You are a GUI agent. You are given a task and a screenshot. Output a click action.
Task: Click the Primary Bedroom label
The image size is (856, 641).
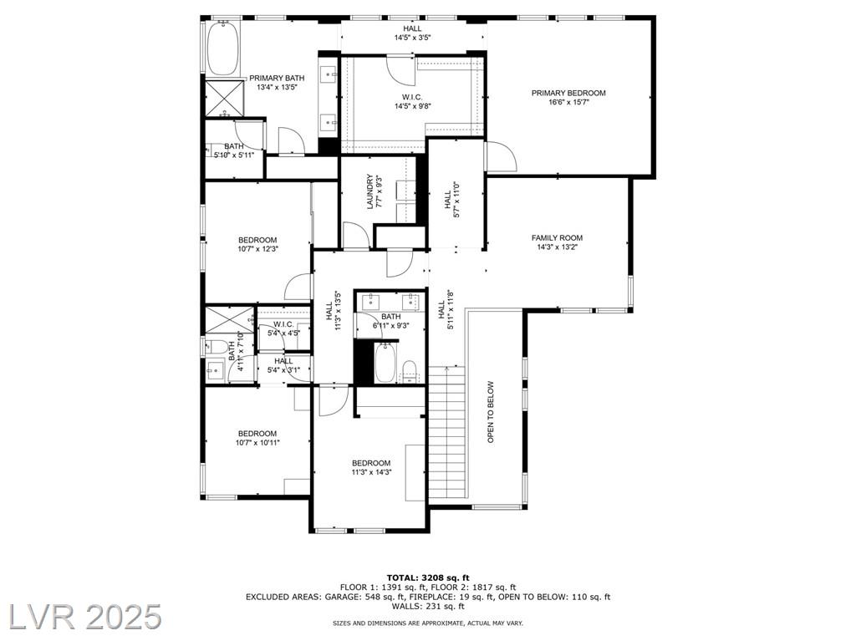[x=568, y=93]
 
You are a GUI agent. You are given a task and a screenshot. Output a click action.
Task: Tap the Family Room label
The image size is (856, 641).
[x=557, y=238]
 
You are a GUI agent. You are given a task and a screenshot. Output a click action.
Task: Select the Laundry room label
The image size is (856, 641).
[x=369, y=191]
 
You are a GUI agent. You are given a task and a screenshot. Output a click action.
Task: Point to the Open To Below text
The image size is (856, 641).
[x=490, y=412]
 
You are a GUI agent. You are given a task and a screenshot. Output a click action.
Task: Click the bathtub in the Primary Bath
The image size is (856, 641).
[x=222, y=48]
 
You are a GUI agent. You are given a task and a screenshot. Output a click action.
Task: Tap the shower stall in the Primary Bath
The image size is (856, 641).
[x=225, y=99]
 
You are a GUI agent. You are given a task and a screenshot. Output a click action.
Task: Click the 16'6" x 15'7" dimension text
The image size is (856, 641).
[x=568, y=102]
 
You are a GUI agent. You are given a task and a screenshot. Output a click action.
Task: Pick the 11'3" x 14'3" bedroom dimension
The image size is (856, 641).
[x=371, y=472]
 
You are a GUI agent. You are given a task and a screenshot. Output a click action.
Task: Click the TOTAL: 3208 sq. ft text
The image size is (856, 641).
[x=428, y=577]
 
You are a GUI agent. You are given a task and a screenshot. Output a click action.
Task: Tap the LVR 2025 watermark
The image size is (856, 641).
[x=81, y=617]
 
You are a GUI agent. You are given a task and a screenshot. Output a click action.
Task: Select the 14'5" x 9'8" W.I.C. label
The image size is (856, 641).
[x=413, y=102]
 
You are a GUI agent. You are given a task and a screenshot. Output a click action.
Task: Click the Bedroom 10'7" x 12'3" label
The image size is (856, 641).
[x=257, y=244]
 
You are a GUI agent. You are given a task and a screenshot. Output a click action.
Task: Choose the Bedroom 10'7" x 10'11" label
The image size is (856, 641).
[x=257, y=438]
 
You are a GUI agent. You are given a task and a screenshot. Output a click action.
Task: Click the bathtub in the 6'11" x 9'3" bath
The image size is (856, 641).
[x=386, y=362]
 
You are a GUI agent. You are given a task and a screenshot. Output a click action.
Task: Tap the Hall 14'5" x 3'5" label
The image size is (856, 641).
[x=413, y=33]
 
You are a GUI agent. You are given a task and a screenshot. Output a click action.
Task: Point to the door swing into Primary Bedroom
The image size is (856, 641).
[x=502, y=156]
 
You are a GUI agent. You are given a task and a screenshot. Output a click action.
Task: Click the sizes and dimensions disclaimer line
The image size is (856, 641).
[x=428, y=623]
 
